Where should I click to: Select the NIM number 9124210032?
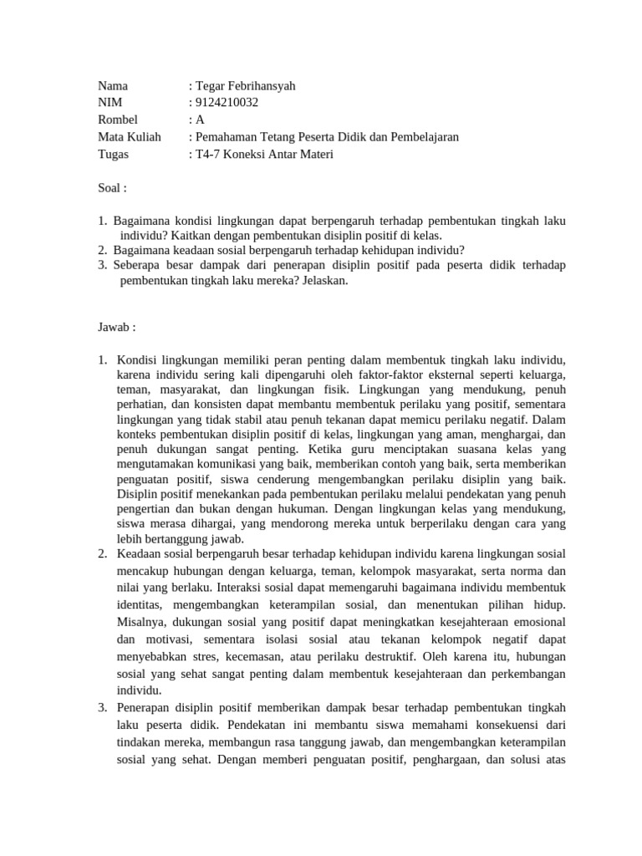point(228,103)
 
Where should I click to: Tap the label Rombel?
point(118,120)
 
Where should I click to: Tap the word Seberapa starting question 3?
point(136,265)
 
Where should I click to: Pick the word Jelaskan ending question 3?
point(321,281)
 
